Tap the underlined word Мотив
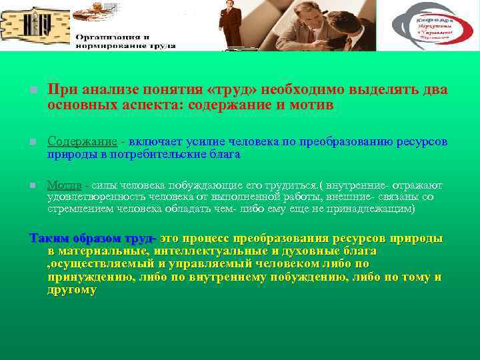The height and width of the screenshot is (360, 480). (x=65, y=185)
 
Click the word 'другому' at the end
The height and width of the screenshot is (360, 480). (x=72, y=290)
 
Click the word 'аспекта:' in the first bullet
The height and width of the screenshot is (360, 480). (x=157, y=105)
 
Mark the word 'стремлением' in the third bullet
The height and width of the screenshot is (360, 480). (x=77, y=209)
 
